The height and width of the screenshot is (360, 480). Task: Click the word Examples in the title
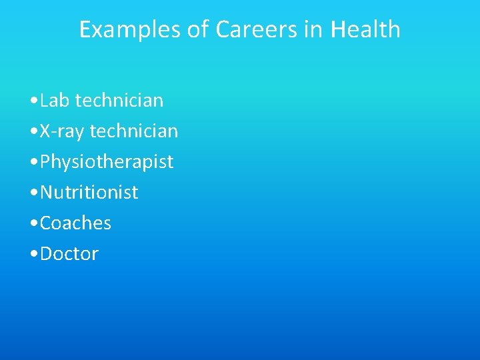pos(121,29)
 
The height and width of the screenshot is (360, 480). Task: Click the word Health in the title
pos(366,29)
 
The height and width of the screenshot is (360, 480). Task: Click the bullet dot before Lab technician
pos(33,101)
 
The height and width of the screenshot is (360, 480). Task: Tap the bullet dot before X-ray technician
pos(33,132)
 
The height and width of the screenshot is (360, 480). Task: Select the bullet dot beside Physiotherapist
pos(33,163)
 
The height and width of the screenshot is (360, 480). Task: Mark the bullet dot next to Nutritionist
pos(33,193)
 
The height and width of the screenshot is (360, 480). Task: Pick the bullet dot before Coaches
pos(33,224)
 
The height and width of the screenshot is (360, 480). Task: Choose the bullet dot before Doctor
pos(33,255)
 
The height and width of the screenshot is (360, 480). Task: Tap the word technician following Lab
pos(119,101)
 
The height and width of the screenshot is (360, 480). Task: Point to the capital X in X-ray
pos(45,131)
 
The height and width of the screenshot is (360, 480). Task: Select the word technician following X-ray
pos(134,131)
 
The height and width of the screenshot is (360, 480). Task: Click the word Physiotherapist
pos(107,162)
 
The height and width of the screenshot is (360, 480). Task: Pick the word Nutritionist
pos(89,193)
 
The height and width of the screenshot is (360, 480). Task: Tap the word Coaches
pos(75,223)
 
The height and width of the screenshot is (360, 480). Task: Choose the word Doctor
pos(69,254)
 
